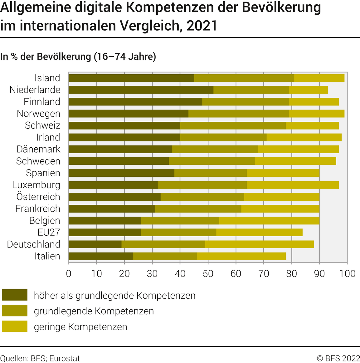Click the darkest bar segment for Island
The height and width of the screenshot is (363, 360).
[x=131, y=78]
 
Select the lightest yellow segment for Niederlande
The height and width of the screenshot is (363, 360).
[x=308, y=90]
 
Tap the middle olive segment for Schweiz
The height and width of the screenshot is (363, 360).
[x=233, y=125]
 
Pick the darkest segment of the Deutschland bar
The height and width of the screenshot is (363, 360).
[x=95, y=244]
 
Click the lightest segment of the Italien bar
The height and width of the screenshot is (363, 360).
[x=241, y=256]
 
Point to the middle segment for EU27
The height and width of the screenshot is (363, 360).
[x=178, y=233]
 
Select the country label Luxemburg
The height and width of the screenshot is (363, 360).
[x=36, y=185]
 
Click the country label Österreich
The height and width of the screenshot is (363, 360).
[x=38, y=197]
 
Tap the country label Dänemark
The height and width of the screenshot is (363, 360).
[x=38, y=149]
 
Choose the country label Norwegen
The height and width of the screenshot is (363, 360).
[x=38, y=114]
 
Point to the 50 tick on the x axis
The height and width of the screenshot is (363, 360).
[x=208, y=273]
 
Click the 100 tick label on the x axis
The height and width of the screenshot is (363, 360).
[x=347, y=273]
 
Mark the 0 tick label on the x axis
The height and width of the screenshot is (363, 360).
[x=69, y=273]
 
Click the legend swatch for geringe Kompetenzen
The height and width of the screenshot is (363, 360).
[x=15, y=326]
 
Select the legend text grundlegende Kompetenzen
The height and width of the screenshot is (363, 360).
[x=94, y=311]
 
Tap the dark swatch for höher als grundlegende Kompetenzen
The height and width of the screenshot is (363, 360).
[x=15, y=295]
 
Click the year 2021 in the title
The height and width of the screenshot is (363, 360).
[x=202, y=25]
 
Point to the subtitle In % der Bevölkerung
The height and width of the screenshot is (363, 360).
[x=78, y=56]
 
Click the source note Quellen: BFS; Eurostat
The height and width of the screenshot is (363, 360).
[x=40, y=358]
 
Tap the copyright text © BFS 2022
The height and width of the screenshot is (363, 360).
[x=338, y=358]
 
